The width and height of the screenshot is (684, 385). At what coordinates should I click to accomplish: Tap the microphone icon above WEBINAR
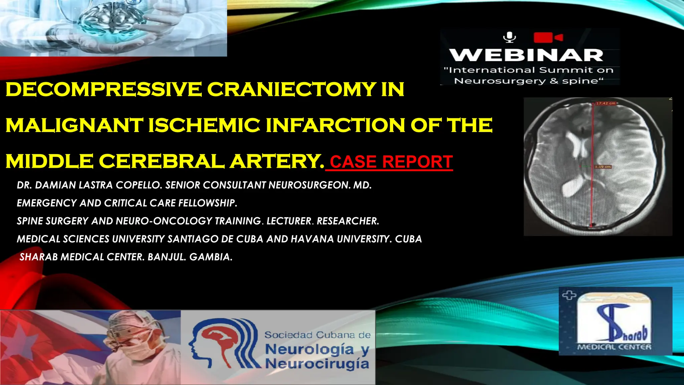coord(510,37)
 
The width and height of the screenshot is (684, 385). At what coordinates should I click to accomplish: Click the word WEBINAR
coord(526,55)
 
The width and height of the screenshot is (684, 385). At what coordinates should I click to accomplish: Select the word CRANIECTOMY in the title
coord(292,90)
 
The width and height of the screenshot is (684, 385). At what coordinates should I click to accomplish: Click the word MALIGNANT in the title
coord(74,126)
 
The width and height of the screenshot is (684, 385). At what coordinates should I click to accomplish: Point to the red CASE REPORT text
coord(391,162)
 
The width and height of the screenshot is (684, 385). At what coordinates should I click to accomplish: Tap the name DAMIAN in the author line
coord(56,185)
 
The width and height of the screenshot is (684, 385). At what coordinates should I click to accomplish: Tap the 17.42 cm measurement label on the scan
coord(606,103)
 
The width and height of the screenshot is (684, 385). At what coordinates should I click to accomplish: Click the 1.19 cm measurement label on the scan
coord(603,166)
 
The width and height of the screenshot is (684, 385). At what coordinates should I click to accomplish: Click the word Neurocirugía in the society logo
coord(317,364)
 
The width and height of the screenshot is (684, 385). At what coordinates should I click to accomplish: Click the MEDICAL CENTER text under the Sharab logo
coord(614,347)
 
